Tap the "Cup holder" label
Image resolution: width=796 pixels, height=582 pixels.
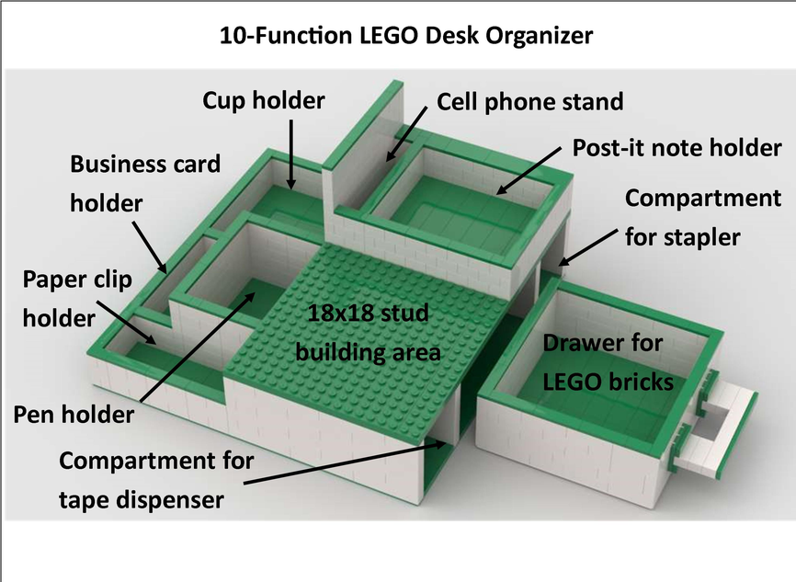click(264, 98)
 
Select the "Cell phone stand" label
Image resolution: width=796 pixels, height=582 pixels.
click(529, 101)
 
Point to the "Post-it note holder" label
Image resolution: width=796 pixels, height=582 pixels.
click(677, 147)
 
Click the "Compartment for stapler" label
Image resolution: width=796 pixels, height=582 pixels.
click(702, 217)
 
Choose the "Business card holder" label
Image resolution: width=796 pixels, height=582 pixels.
click(145, 183)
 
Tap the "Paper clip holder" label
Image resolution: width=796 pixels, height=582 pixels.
click(77, 298)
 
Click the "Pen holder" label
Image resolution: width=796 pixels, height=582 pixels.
click(74, 415)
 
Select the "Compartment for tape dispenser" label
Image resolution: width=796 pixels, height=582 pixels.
click(155, 479)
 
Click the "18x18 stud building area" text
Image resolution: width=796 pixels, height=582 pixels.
click(368, 333)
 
